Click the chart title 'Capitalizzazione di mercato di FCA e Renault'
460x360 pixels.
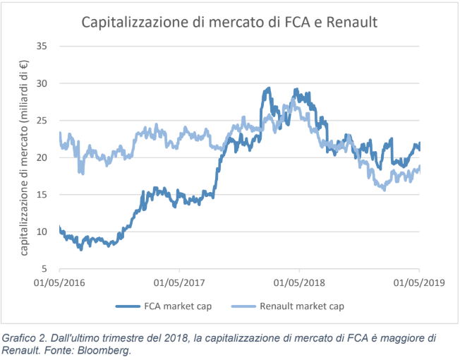230,22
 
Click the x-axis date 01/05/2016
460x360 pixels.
59,282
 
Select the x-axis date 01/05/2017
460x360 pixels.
179,282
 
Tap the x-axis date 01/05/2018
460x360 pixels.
299,282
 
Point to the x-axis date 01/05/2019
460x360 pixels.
419,282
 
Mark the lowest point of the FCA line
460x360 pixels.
81,249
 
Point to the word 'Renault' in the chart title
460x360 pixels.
351,22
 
